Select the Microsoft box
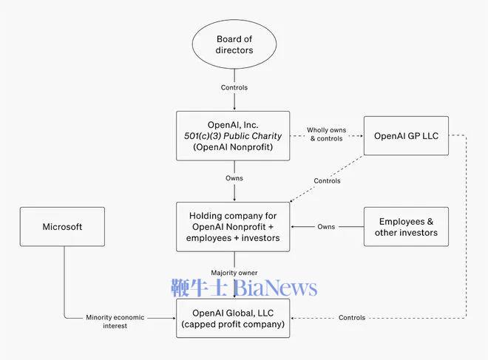click(x=62, y=227)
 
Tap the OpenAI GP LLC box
click(x=406, y=136)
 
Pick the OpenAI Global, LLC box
click(x=233, y=317)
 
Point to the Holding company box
click(x=233, y=226)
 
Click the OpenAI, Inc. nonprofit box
click(x=234, y=135)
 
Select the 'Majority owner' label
click(x=234, y=273)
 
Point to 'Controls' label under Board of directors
click(x=234, y=88)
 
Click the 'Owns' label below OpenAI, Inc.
click(x=234, y=178)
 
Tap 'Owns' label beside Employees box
click(x=326, y=227)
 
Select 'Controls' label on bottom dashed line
click(x=352, y=318)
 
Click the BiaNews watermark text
click(x=277, y=288)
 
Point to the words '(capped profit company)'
click(x=234, y=324)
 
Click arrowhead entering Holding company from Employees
click(x=294, y=227)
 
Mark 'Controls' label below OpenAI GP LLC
click(x=327, y=181)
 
